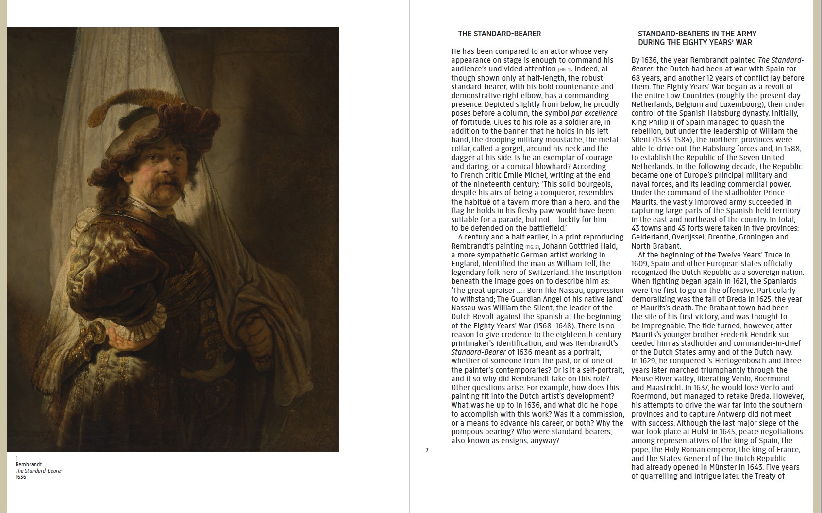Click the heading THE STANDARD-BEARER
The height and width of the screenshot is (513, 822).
(x=499, y=34)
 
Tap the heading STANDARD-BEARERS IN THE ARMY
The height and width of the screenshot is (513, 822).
(x=697, y=34)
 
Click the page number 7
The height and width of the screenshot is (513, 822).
(x=427, y=450)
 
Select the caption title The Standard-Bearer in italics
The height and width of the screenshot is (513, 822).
(x=39, y=471)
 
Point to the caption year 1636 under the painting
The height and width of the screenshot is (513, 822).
(x=21, y=477)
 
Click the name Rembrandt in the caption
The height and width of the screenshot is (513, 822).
(x=29, y=464)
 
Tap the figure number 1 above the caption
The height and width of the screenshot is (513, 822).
(x=17, y=458)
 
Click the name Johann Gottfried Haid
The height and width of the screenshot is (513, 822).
(x=580, y=246)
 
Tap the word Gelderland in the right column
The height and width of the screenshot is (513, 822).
(x=650, y=237)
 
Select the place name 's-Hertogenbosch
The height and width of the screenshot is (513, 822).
(x=726, y=361)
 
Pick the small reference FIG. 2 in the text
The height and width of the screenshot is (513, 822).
(x=532, y=247)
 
